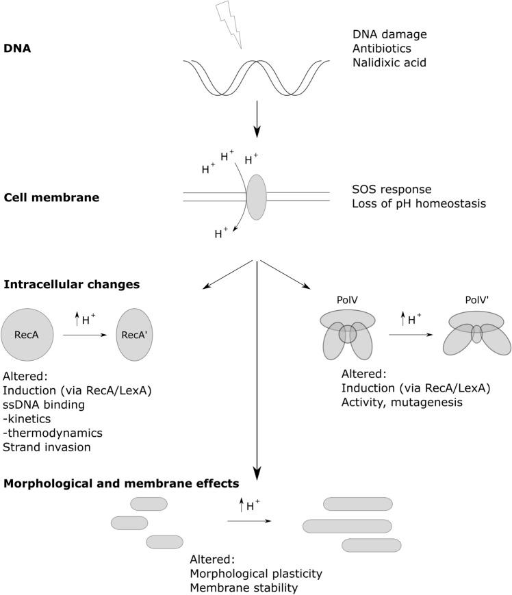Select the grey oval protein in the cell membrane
tap(256, 197)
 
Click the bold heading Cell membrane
tap(51, 198)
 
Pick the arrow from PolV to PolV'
tap(413, 335)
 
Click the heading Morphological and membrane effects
tap(121, 483)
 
